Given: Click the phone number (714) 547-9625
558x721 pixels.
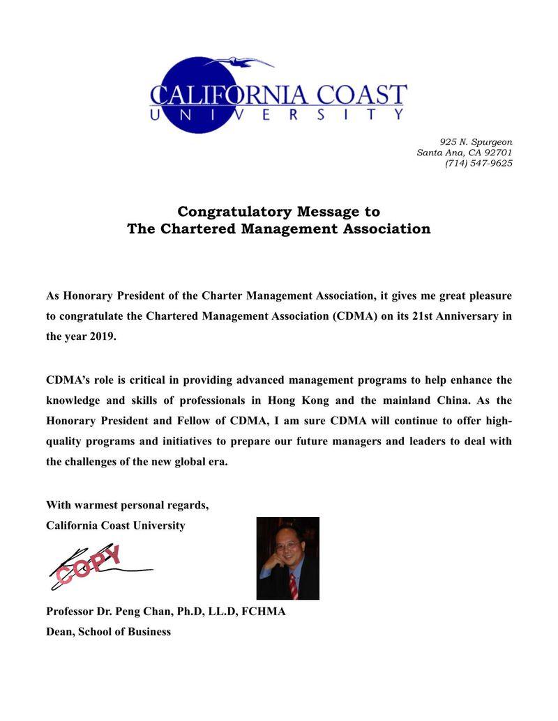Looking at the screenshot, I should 478,163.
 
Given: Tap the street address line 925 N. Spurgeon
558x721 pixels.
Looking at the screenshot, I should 476,142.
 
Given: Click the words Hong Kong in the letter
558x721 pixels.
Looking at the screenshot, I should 310,401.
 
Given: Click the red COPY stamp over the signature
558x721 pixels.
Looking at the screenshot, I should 89,564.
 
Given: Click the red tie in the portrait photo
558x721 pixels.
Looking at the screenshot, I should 294,586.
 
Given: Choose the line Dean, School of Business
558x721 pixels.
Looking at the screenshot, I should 108,632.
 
